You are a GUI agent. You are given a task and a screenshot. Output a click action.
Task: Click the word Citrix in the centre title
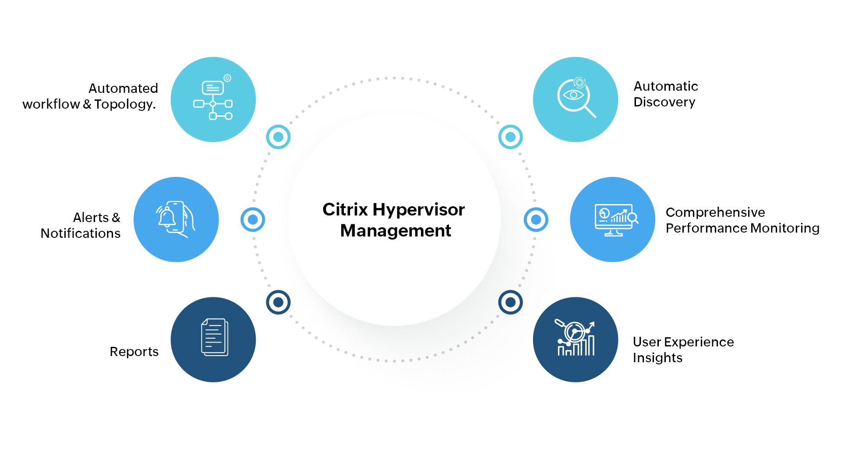pos(345,210)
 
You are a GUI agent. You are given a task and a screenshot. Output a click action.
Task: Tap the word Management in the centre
pos(396,231)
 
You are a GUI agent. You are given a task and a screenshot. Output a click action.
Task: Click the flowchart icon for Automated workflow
pos(213,99)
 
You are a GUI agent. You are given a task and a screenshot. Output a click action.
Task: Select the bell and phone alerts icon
pos(176,219)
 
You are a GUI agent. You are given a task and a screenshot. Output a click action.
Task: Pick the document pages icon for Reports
pos(214,337)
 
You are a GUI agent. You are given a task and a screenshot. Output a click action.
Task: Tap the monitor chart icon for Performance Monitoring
pos(614,219)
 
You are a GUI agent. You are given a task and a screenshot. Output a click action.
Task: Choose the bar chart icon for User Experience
pos(576,338)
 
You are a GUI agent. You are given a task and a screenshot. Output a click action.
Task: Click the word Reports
pos(134,352)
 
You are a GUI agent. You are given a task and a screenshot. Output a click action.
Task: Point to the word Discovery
pos(664,102)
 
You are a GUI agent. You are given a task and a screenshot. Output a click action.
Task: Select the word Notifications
pos(81,233)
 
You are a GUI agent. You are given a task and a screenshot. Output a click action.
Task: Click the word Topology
pos(124,104)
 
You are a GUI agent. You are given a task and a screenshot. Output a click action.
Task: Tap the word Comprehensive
pos(715,212)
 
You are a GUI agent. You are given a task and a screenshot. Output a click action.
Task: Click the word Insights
pos(657,358)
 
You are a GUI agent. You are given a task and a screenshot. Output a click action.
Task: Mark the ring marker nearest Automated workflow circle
pos(278,137)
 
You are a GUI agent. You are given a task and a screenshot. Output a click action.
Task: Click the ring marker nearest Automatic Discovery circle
pos(510,137)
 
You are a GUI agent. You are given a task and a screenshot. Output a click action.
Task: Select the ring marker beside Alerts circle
pos(253,219)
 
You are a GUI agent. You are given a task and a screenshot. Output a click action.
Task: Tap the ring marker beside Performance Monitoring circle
pos(536,219)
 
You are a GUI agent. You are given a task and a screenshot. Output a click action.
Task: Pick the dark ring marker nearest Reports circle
pos(278,302)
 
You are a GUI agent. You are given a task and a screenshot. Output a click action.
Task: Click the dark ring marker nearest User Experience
pos(510,302)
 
